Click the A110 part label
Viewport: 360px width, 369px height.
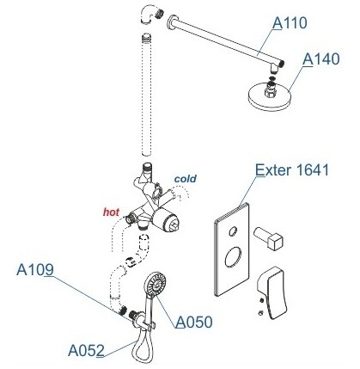[290, 23]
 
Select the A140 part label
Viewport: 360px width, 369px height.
[320, 59]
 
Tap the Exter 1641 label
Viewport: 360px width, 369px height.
[292, 170]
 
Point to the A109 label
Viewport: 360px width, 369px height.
[35, 269]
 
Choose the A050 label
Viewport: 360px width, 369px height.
[194, 322]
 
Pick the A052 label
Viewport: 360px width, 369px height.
[86, 350]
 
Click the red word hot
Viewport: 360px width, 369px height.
[111, 212]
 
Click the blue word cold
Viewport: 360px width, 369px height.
[186, 179]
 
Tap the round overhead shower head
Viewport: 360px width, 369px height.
[269, 95]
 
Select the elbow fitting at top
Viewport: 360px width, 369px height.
[150, 15]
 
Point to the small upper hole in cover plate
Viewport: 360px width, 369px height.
[233, 231]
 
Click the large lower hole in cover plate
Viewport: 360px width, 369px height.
[233, 256]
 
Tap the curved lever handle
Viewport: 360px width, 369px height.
[272, 292]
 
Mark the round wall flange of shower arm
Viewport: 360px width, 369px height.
[171, 22]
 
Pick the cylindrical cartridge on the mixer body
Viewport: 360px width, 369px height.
[166, 219]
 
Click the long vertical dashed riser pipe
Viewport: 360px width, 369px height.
[147, 95]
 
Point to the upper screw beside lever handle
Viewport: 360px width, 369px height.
[261, 300]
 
